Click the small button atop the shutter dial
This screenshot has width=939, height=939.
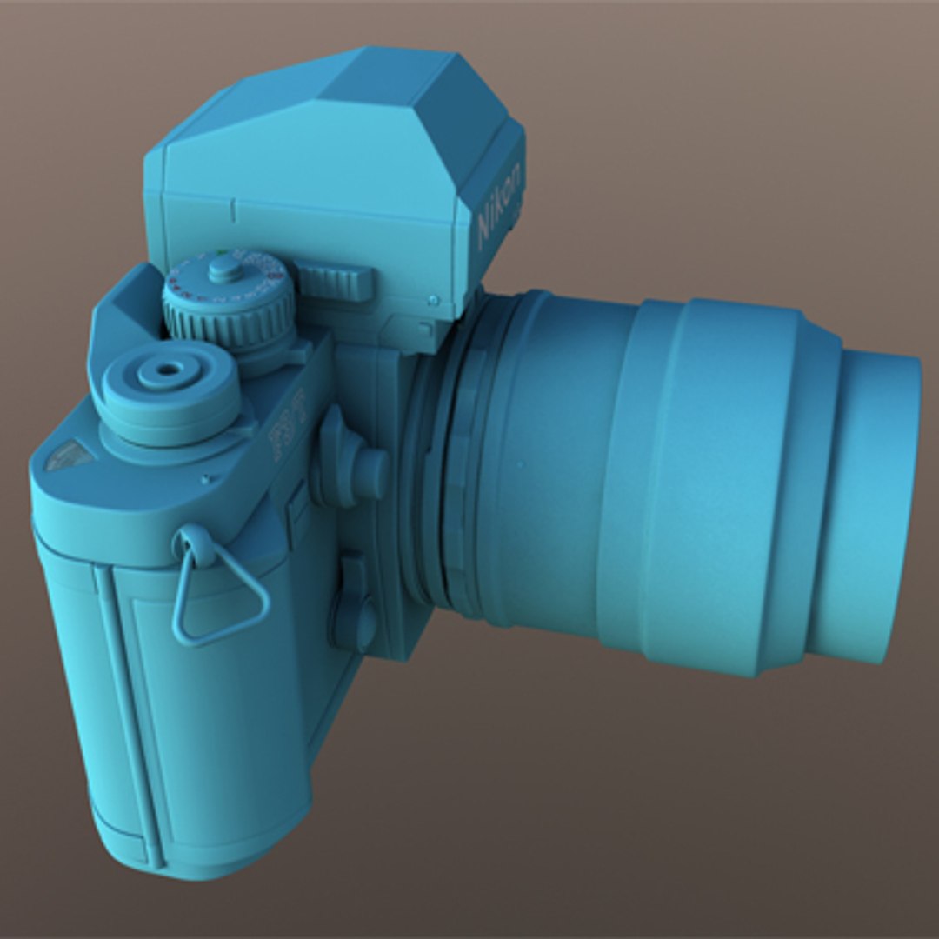(225, 268)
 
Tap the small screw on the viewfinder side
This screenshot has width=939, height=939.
(433, 300)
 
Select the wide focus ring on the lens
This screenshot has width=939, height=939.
(713, 487)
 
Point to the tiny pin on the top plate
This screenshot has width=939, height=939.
(206, 477)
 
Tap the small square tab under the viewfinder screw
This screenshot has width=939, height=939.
(423, 330)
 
